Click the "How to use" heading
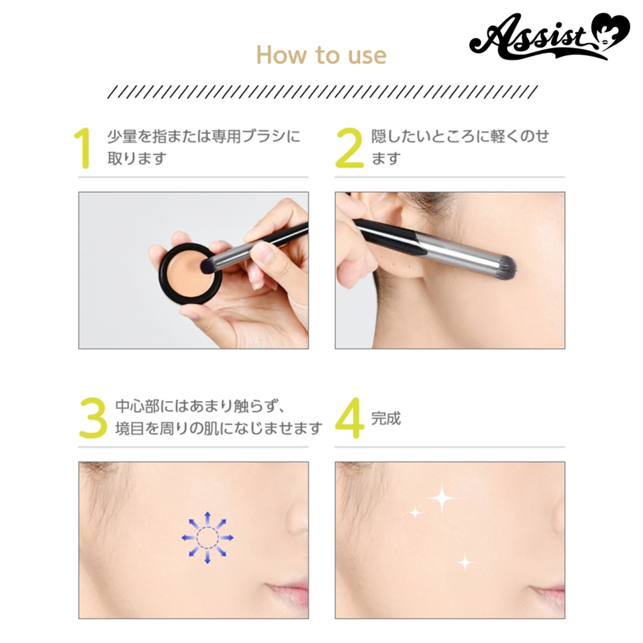(321, 55)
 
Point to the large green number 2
(349, 148)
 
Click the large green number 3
(93, 418)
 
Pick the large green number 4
(349, 418)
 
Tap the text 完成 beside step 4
(386, 418)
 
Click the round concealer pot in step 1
(190, 274)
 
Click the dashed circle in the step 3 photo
(207, 538)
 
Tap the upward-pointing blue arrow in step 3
(207, 518)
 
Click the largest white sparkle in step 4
(442, 498)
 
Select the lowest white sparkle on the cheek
(465, 562)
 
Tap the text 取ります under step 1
(137, 158)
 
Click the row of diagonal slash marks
(323, 92)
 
